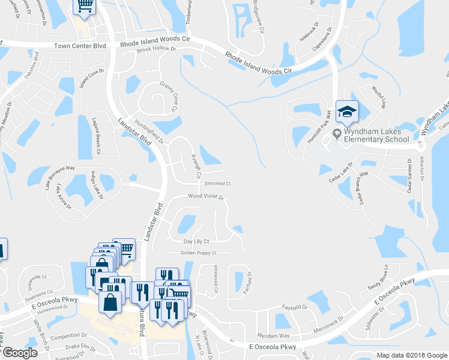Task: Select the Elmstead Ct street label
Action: (217, 184)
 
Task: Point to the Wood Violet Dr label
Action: (206, 196)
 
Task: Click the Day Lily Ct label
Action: (196, 241)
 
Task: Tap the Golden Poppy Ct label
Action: (198, 253)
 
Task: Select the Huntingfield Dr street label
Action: (149, 131)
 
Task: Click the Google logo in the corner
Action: (20, 353)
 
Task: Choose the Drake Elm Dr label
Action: (80, 347)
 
